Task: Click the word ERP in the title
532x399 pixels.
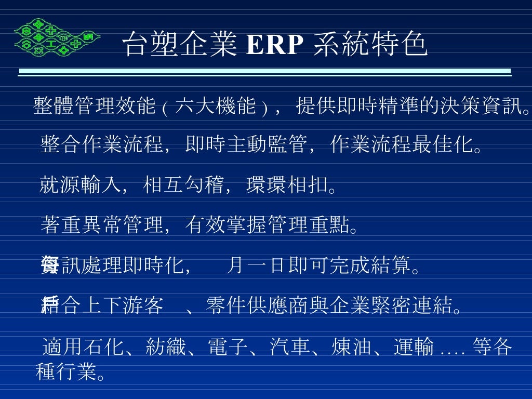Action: point(274,46)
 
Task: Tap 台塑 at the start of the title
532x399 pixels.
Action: point(146,45)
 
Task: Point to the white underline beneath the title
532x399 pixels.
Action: point(265,72)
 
